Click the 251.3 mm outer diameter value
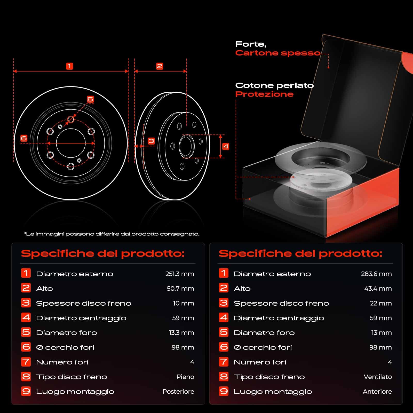180,274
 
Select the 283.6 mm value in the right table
376,274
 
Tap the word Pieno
185,377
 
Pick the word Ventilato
378,377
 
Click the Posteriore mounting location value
178,392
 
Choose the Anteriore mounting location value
377,392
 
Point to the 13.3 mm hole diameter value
181,333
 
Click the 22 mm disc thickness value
381,303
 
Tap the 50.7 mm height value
180,289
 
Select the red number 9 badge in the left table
26,391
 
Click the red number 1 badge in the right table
224,273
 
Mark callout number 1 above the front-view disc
69,66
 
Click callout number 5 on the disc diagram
90,99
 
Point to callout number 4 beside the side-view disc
226,147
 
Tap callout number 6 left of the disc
24,138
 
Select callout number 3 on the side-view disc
151,141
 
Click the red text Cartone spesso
278,53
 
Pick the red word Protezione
264,94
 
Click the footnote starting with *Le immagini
112,234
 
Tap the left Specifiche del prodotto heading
103,253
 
